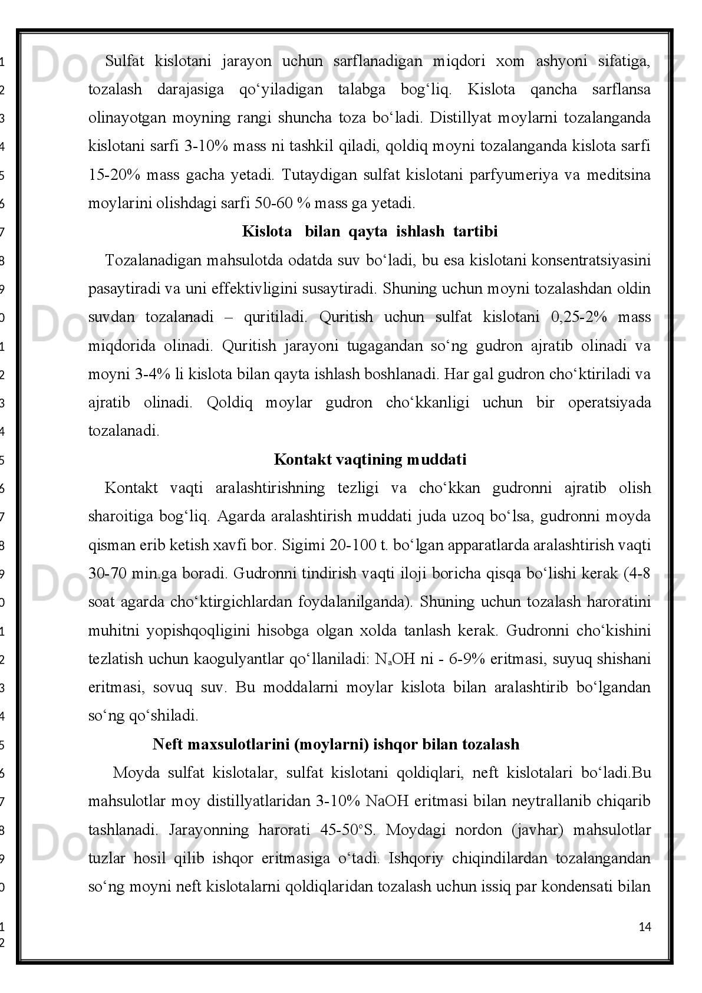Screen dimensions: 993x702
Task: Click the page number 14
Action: pyautogui.click(x=645, y=927)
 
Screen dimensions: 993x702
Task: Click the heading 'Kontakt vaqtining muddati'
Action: pyautogui.click(x=370, y=459)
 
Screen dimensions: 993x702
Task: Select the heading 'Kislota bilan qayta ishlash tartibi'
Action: pyautogui.click(x=370, y=232)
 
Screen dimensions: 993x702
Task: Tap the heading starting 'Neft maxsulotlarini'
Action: pyautogui.click(x=336, y=744)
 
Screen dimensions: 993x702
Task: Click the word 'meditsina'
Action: pyautogui.click(x=620, y=175)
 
